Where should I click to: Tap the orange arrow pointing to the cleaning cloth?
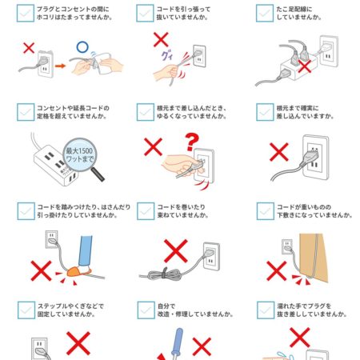point(60,66)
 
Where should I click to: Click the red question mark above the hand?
point(192,142)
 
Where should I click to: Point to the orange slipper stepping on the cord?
point(78,271)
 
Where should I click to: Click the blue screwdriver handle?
point(178,341)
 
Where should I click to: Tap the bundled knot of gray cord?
point(165,274)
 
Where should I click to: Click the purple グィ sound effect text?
point(167,56)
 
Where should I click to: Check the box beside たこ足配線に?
point(265,13)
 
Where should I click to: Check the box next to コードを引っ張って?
point(145,13)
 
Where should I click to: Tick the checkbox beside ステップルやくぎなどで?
point(26,310)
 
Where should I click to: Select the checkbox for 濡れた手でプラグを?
point(266,310)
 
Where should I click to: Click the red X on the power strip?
point(305,66)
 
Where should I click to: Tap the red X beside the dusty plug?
point(29,48)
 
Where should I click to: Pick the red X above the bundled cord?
point(176,251)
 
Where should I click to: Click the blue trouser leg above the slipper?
point(86,251)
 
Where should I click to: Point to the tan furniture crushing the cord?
point(313,258)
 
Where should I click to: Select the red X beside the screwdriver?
point(202,347)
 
